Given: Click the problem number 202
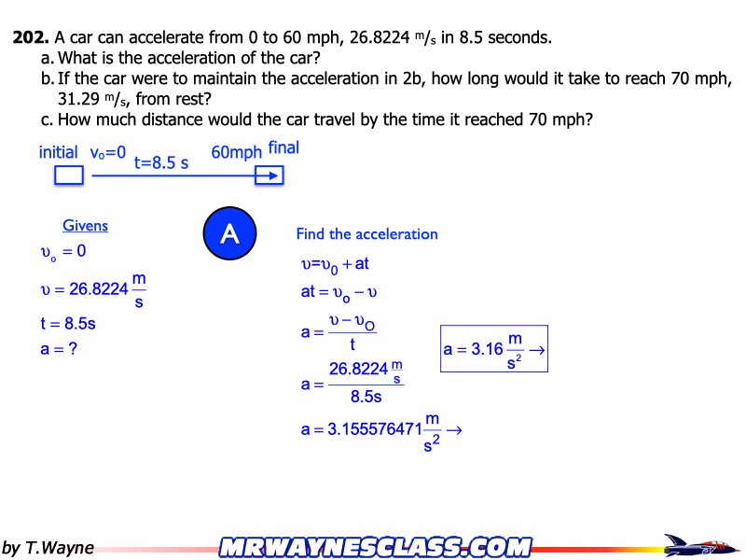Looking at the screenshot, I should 31,38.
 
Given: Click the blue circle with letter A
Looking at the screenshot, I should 229,234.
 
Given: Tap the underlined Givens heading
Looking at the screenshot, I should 85,226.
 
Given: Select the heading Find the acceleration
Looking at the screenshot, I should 366,234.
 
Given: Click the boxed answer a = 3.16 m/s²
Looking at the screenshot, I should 493,349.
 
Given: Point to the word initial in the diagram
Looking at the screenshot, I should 59,152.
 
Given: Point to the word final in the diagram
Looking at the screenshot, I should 283,147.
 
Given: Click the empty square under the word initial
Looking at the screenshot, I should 69,175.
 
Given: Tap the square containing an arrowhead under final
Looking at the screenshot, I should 269,175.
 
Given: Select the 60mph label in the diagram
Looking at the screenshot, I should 237,153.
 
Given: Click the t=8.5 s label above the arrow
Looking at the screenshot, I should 161,162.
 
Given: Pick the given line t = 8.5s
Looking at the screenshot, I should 67,325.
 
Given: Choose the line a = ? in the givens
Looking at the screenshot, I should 58,350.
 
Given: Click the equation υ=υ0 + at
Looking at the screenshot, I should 335,264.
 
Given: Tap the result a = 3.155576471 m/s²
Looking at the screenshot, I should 380,431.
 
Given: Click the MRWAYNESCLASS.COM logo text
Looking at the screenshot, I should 376,547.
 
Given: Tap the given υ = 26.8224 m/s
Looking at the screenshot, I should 92,290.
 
